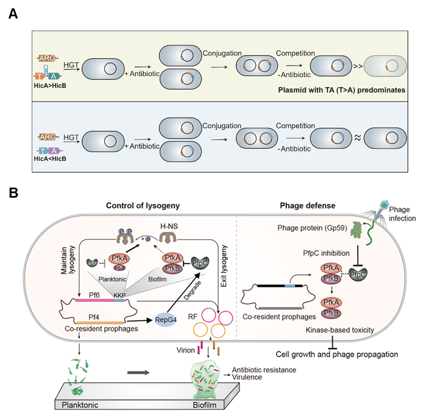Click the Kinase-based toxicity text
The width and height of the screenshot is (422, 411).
(340, 331)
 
